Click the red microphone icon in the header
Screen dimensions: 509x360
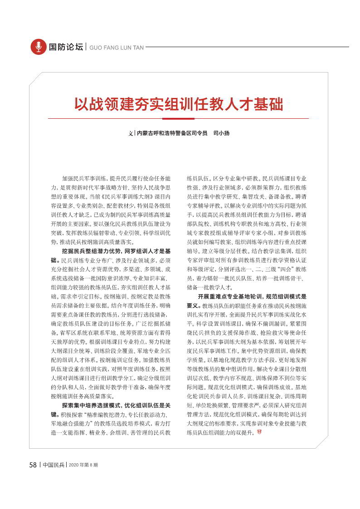(x=39, y=47)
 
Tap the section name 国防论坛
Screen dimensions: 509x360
(x=66, y=47)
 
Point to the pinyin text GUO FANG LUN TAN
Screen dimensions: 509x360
(x=117, y=47)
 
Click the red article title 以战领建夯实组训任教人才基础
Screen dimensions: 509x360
(x=179, y=104)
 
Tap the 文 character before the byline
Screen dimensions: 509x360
(x=131, y=133)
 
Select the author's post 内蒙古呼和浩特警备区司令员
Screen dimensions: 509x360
(x=172, y=133)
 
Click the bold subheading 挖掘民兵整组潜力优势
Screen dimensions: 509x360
(x=88, y=251)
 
